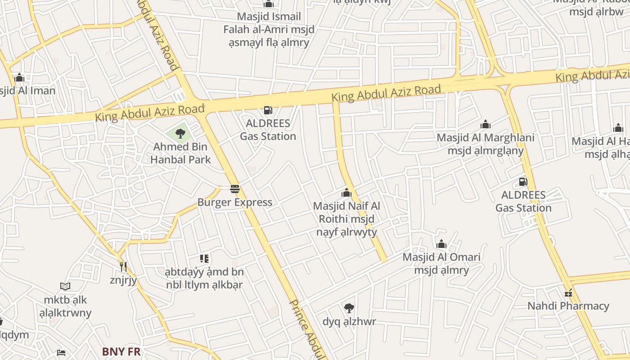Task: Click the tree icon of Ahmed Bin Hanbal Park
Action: (x=180, y=133)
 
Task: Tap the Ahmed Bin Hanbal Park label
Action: (x=180, y=153)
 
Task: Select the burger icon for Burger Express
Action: (x=235, y=189)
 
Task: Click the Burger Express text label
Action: (x=235, y=202)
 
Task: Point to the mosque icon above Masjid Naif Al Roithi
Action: (x=346, y=193)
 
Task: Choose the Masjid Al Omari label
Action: (x=441, y=264)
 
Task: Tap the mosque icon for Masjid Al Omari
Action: (x=441, y=244)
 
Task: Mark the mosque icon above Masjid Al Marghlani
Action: (x=486, y=124)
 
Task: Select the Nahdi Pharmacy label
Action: (x=568, y=306)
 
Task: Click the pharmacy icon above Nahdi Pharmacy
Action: (x=568, y=293)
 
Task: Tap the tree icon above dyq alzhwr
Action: (x=349, y=308)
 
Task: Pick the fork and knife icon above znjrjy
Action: (x=123, y=267)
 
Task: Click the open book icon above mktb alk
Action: (x=65, y=286)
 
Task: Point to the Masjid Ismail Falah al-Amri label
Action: (x=269, y=30)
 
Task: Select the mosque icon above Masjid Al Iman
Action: (x=19, y=77)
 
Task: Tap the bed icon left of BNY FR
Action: (x=61, y=353)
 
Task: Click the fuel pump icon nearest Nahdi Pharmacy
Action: (x=523, y=182)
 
